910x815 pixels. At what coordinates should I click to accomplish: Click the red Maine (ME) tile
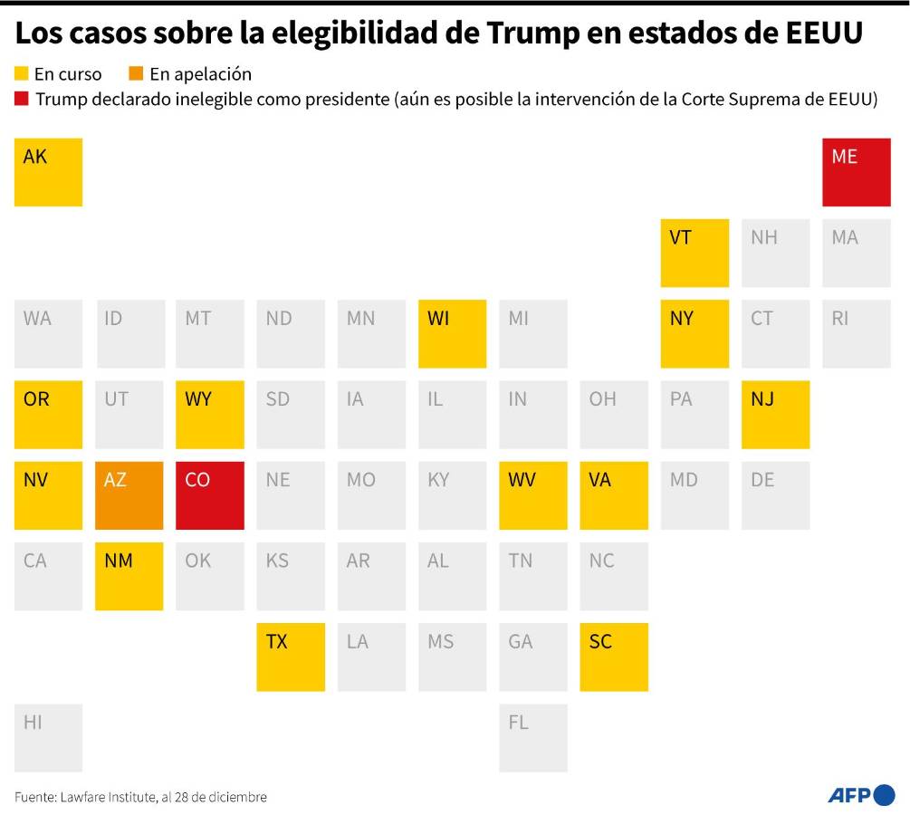point(856,172)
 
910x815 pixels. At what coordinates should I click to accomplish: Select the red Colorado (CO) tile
point(209,495)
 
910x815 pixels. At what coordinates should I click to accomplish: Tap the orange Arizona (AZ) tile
point(129,495)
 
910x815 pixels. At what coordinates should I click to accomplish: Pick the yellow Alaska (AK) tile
point(48,172)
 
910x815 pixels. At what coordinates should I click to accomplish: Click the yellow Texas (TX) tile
point(291,657)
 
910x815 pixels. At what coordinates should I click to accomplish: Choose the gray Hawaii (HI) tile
point(48,737)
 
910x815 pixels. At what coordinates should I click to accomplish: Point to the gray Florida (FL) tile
point(533,737)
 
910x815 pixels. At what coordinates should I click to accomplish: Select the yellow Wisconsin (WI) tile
point(452,333)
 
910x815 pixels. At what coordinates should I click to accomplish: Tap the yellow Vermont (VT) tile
point(694,253)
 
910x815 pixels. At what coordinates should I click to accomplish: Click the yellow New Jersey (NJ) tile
point(775,414)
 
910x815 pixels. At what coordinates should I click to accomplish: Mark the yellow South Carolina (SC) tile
point(614,657)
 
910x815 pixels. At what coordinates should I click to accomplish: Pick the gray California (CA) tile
point(48,576)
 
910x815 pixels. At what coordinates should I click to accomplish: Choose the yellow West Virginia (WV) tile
point(533,495)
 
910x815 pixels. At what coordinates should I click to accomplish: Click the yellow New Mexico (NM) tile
point(129,576)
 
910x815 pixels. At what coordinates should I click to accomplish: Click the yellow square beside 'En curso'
point(22,74)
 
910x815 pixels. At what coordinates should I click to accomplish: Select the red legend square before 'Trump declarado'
point(22,99)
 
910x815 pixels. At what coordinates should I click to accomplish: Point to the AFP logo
point(861,795)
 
